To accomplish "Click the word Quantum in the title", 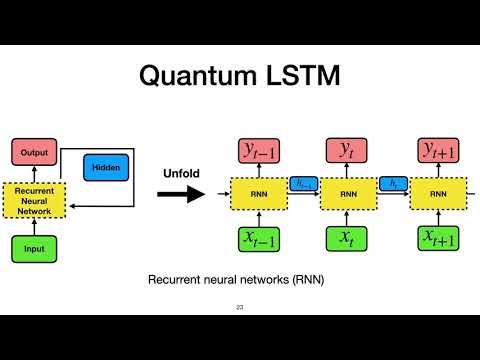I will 187,76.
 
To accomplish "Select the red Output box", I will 34,152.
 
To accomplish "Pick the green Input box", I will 34,246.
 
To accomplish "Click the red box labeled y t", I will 347,151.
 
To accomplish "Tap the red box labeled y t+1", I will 438,151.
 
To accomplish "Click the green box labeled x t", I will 347,240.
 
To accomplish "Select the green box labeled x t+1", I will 438,240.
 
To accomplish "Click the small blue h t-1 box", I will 302,183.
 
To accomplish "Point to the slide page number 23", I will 240,307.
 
